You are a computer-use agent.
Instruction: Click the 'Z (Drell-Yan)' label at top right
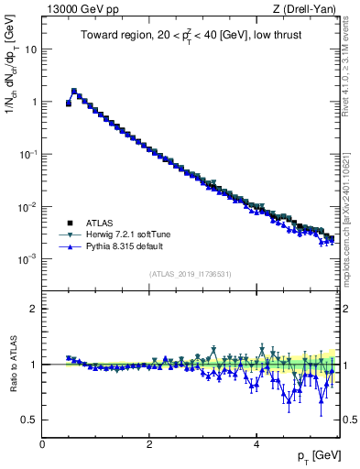coord(309,10)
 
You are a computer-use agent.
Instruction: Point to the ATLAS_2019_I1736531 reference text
coord(191,274)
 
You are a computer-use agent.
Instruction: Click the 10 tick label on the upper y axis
coord(29,49)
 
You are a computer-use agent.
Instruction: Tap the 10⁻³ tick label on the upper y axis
coord(27,259)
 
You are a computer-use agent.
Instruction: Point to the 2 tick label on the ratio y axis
coord(34,309)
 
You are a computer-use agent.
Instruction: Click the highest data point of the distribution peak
coord(74,91)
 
